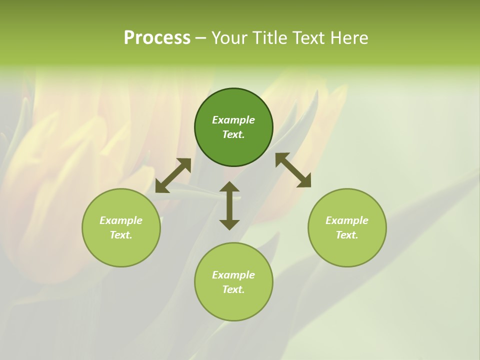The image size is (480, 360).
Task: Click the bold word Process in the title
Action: [x=157, y=38]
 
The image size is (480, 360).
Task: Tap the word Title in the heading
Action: [x=267, y=38]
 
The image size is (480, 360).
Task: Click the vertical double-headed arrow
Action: [x=229, y=205]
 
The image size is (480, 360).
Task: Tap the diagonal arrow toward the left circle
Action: [x=173, y=175]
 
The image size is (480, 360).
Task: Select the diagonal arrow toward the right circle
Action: [x=293, y=170]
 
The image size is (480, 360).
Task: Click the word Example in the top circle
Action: [x=233, y=120]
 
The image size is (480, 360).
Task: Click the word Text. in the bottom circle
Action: [x=233, y=289]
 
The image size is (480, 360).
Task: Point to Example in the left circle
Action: [x=121, y=220]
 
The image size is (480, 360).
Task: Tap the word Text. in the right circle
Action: [x=347, y=235]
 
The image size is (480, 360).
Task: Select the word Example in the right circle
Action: [x=347, y=220]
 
